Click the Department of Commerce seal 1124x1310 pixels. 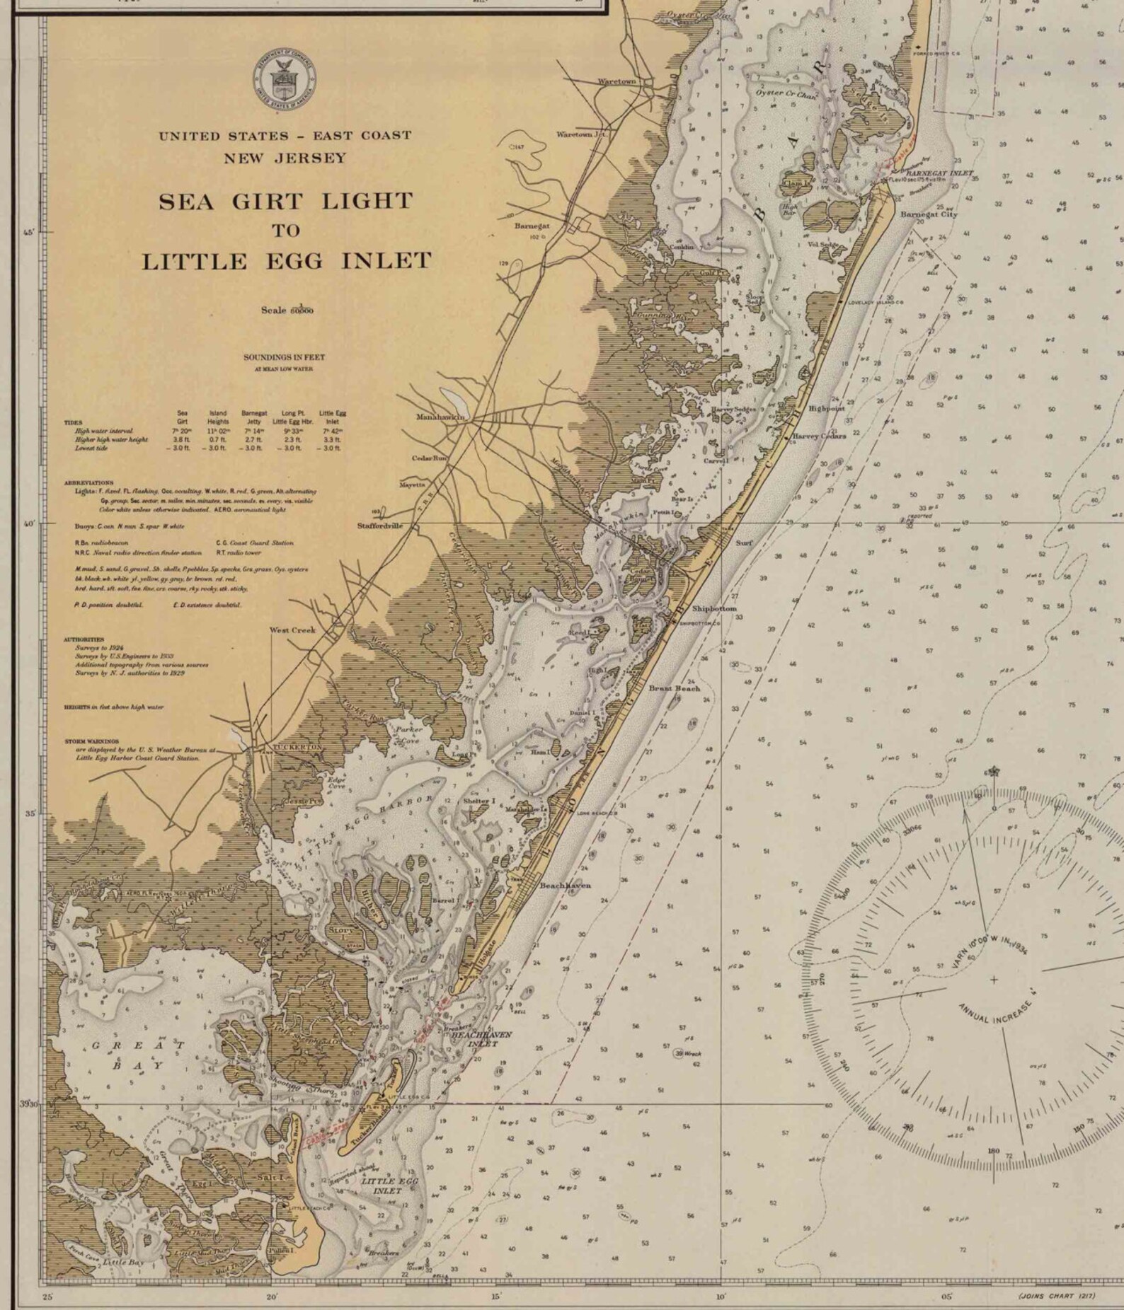coord(285,80)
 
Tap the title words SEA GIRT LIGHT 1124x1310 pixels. coord(285,202)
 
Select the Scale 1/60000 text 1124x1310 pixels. coord(287,310)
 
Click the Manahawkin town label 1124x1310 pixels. coord(440,417)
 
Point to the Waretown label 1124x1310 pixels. coord(617,81)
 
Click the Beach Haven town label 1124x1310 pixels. coord(565,885)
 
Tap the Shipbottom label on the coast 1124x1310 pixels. coord(713,608)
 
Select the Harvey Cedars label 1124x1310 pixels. coord(819,436)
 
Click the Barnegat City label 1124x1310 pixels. coord(929,214)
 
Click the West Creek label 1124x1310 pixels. coord(292,630)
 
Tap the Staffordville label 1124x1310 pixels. coord(380,526)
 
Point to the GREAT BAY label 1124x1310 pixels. coord(138,1055)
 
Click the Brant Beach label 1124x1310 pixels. coord(674,688)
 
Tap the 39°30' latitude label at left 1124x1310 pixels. coord(28,1103)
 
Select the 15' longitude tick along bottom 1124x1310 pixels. coord(495,1297)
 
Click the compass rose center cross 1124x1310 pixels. coord(994,980)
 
